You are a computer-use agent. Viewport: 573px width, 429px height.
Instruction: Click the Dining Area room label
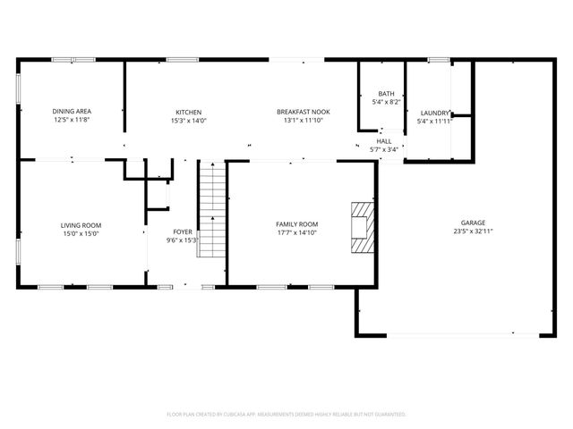point(73,112)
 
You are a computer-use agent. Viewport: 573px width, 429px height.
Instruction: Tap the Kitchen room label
point(188,112)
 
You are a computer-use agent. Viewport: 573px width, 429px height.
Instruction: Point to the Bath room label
point(386,94)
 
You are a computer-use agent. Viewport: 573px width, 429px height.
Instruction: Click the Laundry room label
point(434,113)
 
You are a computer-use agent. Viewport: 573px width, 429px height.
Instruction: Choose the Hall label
point(384,141)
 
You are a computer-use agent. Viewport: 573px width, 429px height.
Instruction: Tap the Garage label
point(474,223)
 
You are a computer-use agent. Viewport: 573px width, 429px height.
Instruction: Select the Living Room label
point(81,225)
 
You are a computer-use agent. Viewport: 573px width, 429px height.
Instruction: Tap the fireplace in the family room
point(360,224)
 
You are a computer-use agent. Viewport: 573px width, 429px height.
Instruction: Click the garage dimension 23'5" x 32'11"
point(474,231)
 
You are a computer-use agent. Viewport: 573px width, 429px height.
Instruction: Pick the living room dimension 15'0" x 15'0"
point(81,233)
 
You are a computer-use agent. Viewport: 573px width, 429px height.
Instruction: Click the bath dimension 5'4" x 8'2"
point(386,102)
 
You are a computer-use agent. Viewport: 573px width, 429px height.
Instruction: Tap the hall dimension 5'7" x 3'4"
point(384,149)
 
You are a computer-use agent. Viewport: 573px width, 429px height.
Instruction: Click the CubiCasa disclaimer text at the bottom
point(286,415)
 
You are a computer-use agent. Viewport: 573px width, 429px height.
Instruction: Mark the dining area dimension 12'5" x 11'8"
point(73,120)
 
